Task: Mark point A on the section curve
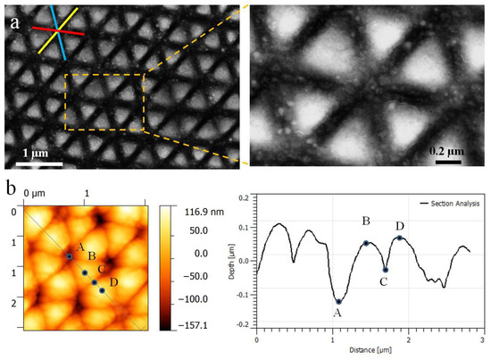[x=338, y=302]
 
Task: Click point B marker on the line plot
[x=366, y=243]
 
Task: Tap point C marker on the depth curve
[x=386, y=269]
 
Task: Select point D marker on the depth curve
[x=400, y=239]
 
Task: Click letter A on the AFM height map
[x=80, y=247]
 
